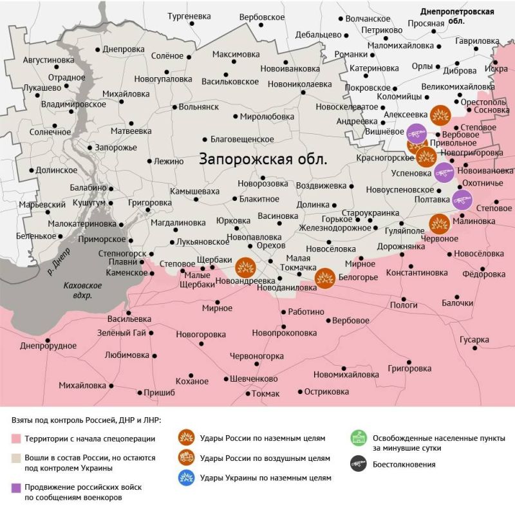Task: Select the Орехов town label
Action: click(270, 246)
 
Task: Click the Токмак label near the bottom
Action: click(265, 393)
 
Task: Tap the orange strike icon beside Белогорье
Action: click(324, 277)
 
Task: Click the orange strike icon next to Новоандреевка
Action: click(245, 267)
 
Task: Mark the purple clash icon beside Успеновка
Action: click(444, 173)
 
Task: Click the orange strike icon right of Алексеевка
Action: click(440, 115)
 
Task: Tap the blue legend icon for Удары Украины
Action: click(186, 478)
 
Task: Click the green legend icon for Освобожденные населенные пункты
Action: click(358, 439)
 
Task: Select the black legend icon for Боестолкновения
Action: click(358, 464)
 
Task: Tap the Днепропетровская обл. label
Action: click(457, 16)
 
